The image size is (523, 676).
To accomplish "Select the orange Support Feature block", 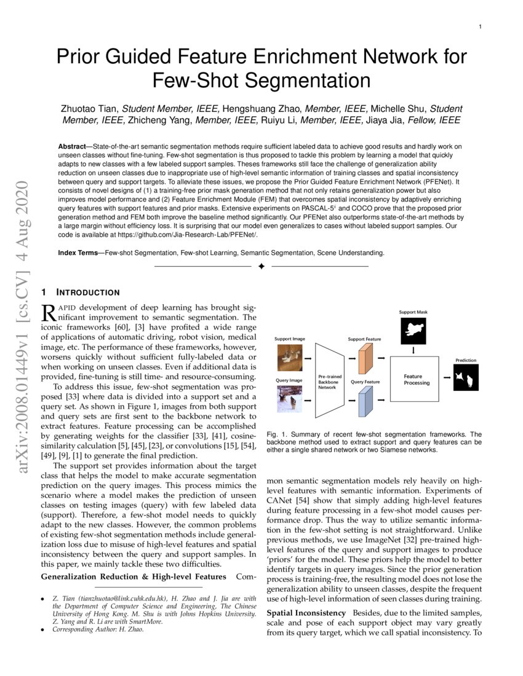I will pos(364,359).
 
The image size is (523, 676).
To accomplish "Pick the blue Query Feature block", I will pos(364,403).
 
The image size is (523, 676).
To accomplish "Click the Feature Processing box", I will pos(417,380).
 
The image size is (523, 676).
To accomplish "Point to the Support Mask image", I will pos(413,332).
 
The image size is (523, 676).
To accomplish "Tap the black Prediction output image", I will pos(466,377).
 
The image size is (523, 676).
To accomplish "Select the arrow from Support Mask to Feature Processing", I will pos(413,351).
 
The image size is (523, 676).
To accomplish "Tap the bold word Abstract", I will pos(71,147).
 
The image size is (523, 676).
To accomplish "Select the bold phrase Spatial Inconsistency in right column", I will pos(306,613).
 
